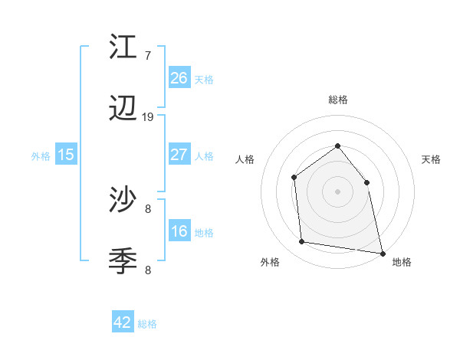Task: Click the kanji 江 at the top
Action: coord(123,47)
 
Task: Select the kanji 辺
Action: coord(123,111)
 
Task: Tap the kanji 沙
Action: coord(123,201)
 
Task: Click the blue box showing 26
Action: coord(179,77)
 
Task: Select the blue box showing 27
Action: coord(179,155)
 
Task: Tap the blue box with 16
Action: coord(179,232)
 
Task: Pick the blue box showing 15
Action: coord(66,155)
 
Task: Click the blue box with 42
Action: coord(123,322)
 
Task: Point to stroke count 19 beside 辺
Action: coord(148,117)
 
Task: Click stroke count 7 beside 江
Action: coord(147,56)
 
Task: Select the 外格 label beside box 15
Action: coord(41,155)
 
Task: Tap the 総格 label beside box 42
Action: coord(147,324)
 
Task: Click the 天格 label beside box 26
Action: coord(204,79)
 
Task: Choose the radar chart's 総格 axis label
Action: coord(337,100)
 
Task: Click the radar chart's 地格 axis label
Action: coord(402,262)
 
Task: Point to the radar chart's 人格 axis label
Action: coord(245,159)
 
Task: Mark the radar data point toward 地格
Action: coord(382,253)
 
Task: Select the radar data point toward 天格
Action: coord(366,182)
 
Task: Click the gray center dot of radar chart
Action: coord(337,191)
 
